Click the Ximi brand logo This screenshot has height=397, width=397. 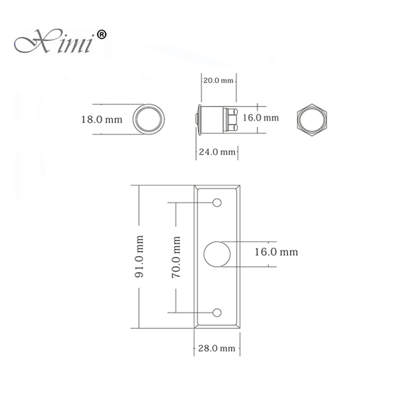pos(60,41)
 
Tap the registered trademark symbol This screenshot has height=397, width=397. pos(102,34)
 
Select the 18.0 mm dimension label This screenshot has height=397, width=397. pos(102,120)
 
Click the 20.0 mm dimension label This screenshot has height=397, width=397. pos(218,80)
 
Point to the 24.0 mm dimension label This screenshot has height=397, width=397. pos(217,152)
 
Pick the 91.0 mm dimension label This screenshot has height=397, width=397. pos(139,256)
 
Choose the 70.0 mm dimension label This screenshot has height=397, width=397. pos(176,257)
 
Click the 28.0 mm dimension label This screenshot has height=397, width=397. pos(216,348)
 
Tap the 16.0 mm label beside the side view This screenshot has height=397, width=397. pos(261,118)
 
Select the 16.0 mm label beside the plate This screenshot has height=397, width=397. pos(276,252)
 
